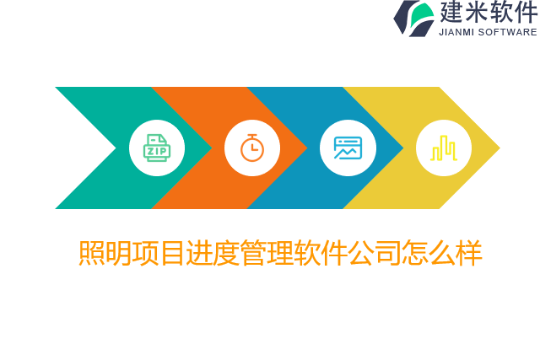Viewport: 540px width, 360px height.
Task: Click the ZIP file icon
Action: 156,148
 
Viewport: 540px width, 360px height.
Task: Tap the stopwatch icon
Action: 252,148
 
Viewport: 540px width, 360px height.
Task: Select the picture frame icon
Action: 348,148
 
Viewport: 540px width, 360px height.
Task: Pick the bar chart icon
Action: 444,148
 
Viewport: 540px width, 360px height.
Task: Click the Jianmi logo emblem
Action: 413,18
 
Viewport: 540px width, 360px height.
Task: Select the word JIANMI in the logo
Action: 456,32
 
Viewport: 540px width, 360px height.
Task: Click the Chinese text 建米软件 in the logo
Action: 489,13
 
